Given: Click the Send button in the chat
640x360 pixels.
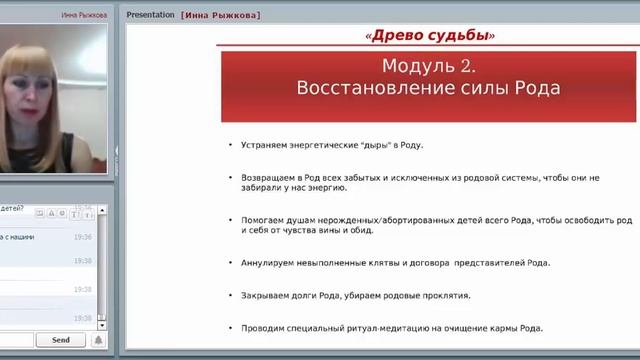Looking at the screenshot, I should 61,340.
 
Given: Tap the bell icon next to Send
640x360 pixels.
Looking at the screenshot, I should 98,340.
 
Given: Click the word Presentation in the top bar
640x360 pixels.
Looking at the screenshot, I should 151,15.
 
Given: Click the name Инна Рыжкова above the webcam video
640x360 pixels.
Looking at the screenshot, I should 84,16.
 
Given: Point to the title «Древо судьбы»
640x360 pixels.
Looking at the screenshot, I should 432,36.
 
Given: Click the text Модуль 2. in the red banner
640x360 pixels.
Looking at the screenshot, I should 428,67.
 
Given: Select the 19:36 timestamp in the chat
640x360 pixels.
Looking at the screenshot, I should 82,237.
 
